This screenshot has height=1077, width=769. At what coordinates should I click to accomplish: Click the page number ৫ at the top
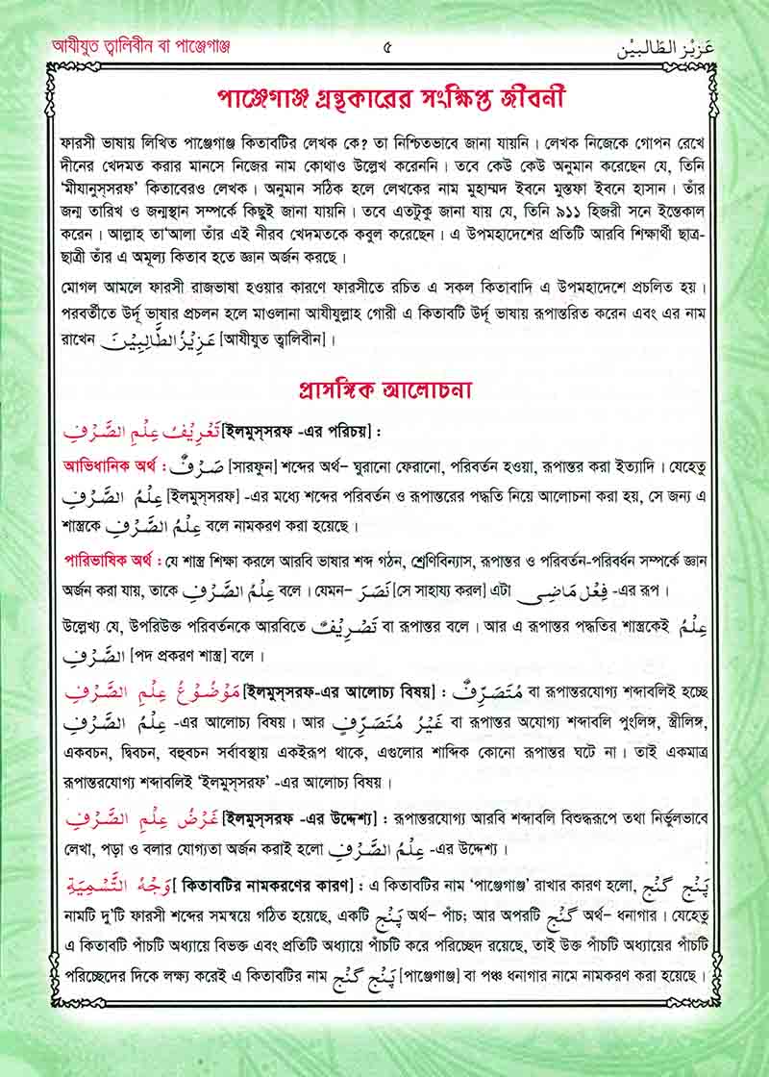pos(386,45)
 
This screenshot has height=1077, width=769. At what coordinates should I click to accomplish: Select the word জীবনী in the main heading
pos(528,99)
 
